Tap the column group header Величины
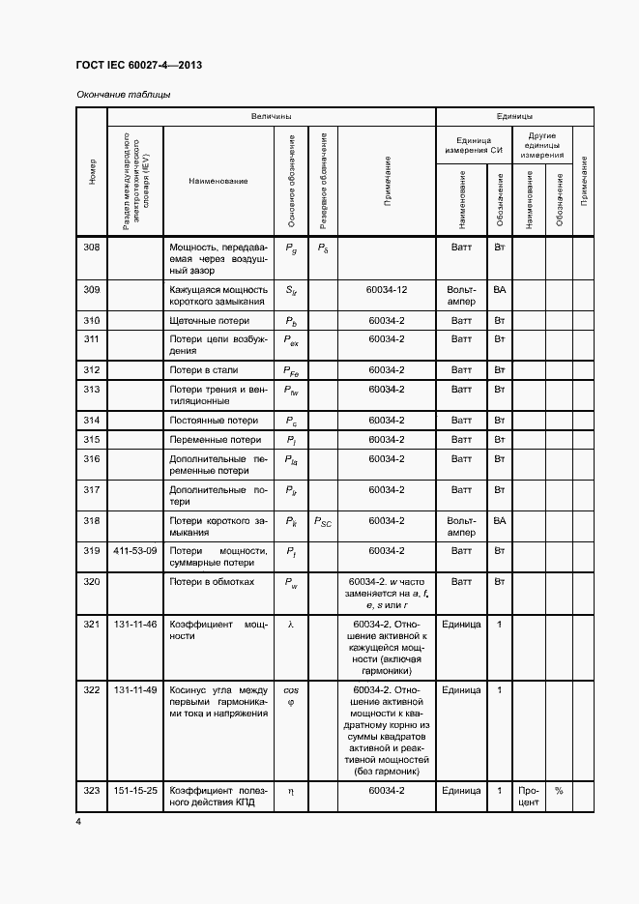(x=272, y=116)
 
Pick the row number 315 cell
(x=92, y=440)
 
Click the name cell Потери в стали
(x=204, y=370)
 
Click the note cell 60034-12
(x=387, y=290)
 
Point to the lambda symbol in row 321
(x=290, y=625)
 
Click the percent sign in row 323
(x=558, y=791)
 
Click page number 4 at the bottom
(x=78, y=821)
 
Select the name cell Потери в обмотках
(x=212, y=582)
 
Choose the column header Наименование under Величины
(x=218, y=182)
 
